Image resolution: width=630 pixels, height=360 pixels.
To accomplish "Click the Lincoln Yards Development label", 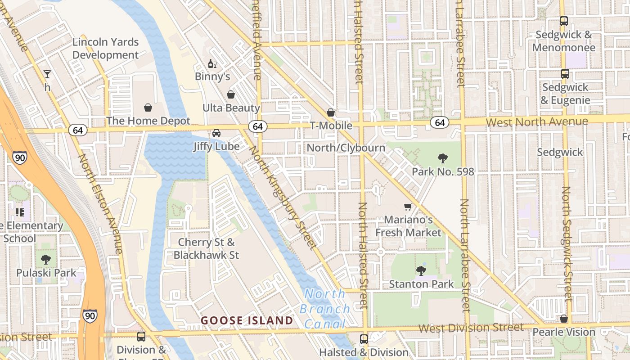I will (x=106, y=49).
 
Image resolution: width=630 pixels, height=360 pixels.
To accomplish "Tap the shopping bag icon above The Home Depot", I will (x=148, y=108).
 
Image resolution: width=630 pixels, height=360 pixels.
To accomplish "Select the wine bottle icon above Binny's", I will (x=212, y=64).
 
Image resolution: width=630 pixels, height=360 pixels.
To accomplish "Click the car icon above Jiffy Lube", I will (x=216, y=133).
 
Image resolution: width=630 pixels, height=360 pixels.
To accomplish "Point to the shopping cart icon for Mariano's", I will (x=408, y=207).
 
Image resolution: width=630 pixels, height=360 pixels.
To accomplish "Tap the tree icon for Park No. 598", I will (x=443, y=158).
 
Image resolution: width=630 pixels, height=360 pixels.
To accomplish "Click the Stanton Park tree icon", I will (x=421, y=270).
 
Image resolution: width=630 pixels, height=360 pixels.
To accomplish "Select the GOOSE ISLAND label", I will (x=247, y=320).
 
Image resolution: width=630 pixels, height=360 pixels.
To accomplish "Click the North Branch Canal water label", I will (x=325, y=309).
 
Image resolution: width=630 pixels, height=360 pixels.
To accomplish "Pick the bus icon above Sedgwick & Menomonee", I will (x=564, y=21).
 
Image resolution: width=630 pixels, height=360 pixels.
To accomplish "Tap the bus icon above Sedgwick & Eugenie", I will (x=565, y=74).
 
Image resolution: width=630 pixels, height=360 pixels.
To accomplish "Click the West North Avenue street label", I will (x=537, y=122).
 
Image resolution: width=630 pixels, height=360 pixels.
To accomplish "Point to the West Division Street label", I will (x=471, y=328).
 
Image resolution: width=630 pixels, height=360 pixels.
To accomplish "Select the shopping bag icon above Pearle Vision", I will (x=564, y=319).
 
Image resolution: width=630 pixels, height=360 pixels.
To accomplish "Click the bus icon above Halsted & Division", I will (x=364, y=339).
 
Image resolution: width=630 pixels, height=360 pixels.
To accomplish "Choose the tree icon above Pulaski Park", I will (x=45, y=259).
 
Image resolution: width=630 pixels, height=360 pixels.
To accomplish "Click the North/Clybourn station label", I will (x=346, y=148).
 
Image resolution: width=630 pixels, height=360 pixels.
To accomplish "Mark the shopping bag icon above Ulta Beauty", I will (x=231, y=94).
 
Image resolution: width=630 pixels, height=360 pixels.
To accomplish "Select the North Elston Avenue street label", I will (x=101, y=203).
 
